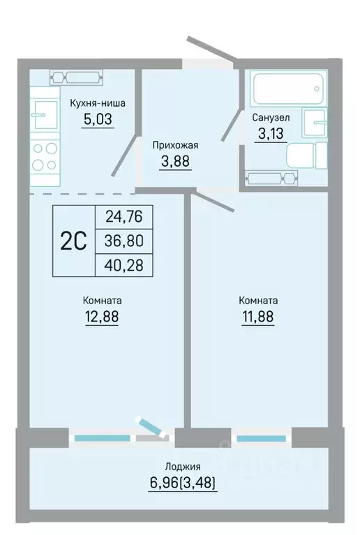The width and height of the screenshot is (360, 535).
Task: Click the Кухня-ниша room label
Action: click(98, 103)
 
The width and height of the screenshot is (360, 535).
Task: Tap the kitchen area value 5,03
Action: click(98, 119)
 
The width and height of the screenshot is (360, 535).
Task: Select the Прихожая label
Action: click(175, 145)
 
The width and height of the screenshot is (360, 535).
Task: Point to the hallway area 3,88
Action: click(175, 161)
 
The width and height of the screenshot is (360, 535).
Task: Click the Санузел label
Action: click(271, 118)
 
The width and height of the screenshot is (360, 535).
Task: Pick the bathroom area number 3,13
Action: click(271, 133)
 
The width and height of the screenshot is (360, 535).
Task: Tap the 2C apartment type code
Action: click(73, 241)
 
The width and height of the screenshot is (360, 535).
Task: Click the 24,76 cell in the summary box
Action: click(124, 217)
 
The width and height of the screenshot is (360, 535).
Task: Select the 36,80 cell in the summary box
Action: click(124, 241)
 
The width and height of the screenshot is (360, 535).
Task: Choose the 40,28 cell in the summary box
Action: click(124, 265)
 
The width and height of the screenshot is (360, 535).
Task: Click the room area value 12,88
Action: click(102, 317)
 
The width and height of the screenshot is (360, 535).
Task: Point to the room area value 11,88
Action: click(258, 317)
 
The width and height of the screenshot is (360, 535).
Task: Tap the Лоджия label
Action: click(183, 467)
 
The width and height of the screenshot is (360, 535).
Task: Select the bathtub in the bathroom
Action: click(288, 89)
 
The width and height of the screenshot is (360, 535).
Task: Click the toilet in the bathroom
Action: click(306, 156)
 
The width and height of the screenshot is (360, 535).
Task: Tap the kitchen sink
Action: click(44, 115)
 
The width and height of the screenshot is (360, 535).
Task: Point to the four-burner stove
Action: click(45, 156)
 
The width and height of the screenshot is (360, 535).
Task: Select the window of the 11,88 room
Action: click(262, 439)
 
